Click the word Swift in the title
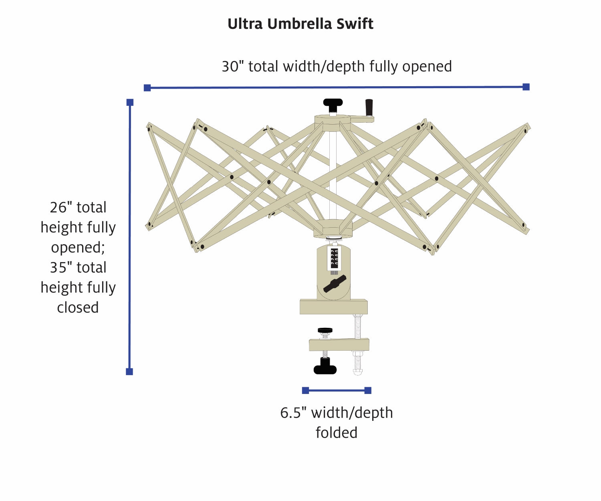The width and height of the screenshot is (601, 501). click(x=355, y=24)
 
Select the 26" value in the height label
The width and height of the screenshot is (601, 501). click(x=58, y=208)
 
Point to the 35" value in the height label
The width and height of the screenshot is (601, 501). click(x=58, y=268)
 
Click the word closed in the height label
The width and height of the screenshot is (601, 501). click(x=78, y=308)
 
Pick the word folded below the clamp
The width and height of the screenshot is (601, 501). click(x=336, y=433)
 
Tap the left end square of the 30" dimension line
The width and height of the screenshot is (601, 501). click(x=147, y=88)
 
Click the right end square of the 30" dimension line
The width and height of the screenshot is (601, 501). click(x=526, y=87)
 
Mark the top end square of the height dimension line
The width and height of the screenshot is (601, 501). click(x=130, y=103)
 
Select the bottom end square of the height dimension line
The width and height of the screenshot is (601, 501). click(x=129, y=372)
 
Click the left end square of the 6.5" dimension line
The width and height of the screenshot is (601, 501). click(x=305, y=390)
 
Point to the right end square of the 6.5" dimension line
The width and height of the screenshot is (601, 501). click(x=368, y=390)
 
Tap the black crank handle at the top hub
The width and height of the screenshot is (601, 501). click(x=369, y=107)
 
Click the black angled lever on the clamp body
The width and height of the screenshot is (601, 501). click(x=335, y=283)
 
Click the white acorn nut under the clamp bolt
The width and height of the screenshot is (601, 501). click(x=357, y=372)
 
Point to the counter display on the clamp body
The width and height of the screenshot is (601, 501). click(x=334, y=257)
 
